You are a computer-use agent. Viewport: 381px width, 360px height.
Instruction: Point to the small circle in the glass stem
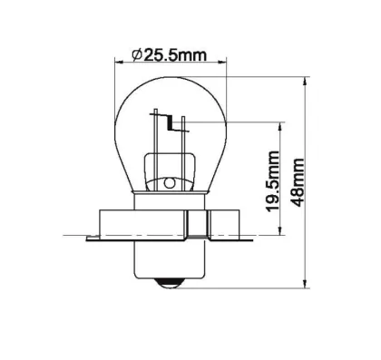(x=169, y=183)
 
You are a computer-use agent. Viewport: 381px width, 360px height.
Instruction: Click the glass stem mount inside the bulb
(x=170, y=172)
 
